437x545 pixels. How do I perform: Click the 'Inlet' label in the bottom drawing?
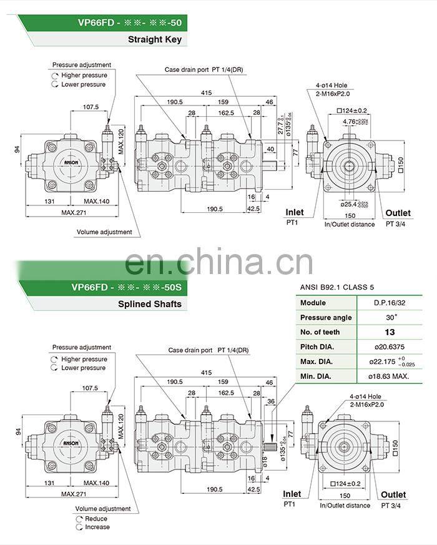coord(292,494)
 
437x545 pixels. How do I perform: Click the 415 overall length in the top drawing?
coord(205,92)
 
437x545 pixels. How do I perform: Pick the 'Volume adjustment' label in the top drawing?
coord(104,232)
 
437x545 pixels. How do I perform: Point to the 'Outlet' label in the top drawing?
coord(398,213)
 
